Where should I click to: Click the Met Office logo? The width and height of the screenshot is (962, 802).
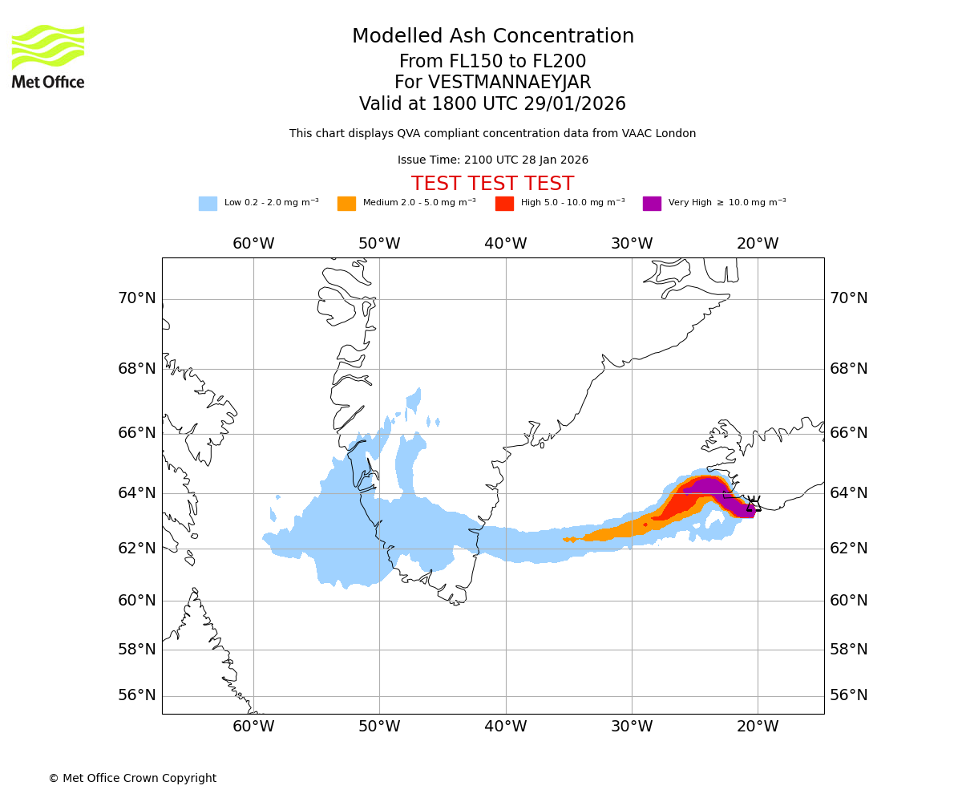point(48,56)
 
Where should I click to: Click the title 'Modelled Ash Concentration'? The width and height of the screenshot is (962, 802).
point(493,36)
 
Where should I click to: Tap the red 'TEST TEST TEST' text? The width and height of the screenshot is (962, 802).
point(492,184)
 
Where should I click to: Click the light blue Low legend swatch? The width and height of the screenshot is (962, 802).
point(208,204)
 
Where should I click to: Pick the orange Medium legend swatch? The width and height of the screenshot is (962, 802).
point(346,204)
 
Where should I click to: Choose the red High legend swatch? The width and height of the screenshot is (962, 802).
point(504,204)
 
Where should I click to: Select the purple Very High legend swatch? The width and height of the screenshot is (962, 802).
point(652,204)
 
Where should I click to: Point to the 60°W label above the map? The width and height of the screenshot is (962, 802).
point(253,244)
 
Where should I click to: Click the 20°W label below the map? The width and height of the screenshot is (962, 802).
point(758,727)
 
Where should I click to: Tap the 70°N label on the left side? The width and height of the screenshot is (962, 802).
point(137,298)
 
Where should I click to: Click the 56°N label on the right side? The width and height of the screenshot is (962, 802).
point(849,695)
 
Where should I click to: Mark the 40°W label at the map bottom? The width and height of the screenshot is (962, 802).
point(505,727)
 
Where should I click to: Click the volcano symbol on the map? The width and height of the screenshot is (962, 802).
point(754,504)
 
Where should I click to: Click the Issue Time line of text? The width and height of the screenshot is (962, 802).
point(492,160)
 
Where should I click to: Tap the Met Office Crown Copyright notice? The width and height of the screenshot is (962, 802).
point(132,778)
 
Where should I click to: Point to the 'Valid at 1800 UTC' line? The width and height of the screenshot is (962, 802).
point(492,104)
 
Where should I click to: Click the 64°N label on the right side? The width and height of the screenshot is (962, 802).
point(849,492)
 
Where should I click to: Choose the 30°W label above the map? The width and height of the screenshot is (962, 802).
point(632,244)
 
